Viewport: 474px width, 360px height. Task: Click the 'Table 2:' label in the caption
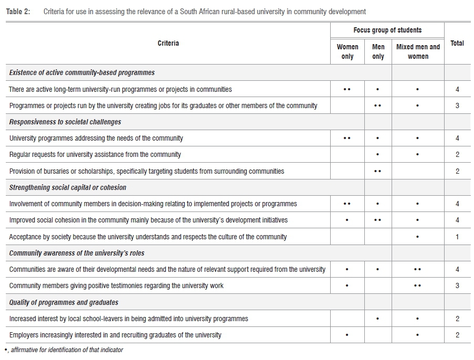[x=18, y=11]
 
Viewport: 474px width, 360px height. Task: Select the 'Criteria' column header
[x=168, y=43]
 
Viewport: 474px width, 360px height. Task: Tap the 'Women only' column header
[x=347, y=51]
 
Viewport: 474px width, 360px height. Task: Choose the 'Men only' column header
[x=378, y=51]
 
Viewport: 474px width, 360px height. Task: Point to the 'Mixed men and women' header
[x=418, y=51]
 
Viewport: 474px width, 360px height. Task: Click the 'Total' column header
[x=457, y=43]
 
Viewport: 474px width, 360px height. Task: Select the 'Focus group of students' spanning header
[x=387, y=30]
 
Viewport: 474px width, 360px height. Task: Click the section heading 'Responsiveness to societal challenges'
[x=65, y=122]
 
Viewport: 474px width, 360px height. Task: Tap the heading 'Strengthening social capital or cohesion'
[x=68, y=187]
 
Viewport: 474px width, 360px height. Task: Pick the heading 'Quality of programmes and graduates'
[x=64, y=302]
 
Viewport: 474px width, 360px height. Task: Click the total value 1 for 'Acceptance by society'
[x=457, y=237]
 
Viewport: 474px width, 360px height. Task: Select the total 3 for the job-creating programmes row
[x=457, y=105]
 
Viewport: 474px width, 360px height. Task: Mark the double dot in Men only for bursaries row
[x=378, y=171]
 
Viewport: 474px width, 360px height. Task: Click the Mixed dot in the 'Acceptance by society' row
[x=417, y=237]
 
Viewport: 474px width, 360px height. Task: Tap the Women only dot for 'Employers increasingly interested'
[x=347, y=335]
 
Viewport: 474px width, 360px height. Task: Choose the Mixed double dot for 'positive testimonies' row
[x=417, y=285]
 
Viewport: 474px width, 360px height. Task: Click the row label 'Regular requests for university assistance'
[x=95, y=154]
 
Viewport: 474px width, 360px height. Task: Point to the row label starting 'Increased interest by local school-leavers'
[x=129, y=319]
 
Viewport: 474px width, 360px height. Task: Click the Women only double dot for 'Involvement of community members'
[x=347, y=204]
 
